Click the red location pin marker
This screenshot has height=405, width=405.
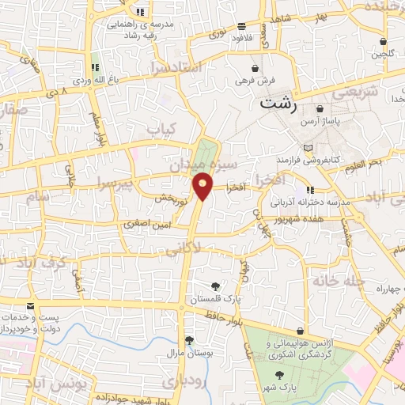tap(203, 186)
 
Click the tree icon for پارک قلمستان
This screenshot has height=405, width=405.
tap(214, 286)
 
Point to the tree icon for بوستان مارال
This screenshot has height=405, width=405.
tap(189, 340)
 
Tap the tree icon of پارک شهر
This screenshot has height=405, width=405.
tap(278, 377)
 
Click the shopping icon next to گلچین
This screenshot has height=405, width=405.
tap(384, 42)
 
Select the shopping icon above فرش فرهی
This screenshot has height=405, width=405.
tap(254, 68)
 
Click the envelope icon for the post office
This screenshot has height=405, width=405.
tap(30, 305)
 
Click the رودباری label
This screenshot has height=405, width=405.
tap(178, 382)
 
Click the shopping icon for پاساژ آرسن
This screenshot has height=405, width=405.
tap(320, 108)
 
